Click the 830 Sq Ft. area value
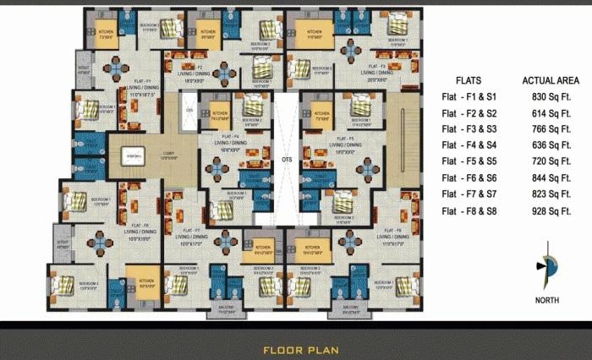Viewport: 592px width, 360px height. point(549,97)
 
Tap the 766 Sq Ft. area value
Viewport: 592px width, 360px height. point(549,129)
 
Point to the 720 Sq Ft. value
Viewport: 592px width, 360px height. point(549,161)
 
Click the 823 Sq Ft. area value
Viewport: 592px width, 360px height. point(549,194)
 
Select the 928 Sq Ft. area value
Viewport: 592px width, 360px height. point(549,210)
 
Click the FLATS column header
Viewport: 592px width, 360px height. point(469,80)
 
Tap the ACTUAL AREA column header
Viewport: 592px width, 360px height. point(550,80)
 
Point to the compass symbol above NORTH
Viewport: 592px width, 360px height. point(546,269)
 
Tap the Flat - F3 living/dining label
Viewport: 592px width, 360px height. point(377,70)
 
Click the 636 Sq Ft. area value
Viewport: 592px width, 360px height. point(549,145)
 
